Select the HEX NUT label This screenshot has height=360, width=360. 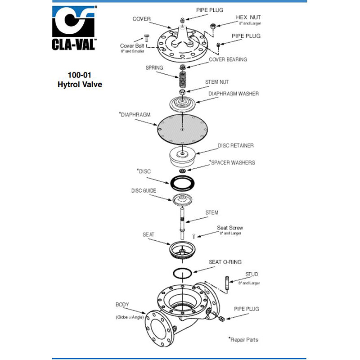click(x=248, y=18)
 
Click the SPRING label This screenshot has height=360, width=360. click(x=154, y=67)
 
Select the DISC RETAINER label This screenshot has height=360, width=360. click(x=235, y=145)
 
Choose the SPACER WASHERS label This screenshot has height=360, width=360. click(x=232, y=162)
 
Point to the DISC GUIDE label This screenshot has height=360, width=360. click(x=144, y=190)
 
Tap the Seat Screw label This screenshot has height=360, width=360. click(x=229, y=228)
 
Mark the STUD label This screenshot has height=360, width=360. click(x=252, y=274)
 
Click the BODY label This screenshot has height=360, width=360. click(x=122, y=305)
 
